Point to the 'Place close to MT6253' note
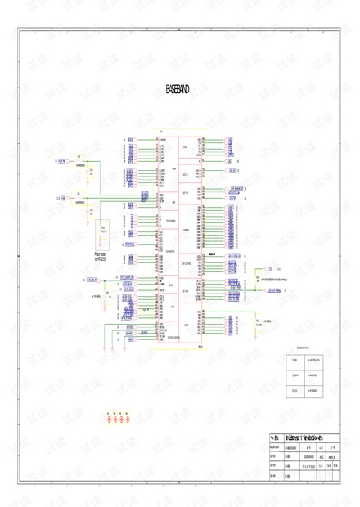pos(103,257)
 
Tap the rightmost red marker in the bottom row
pos(129,420)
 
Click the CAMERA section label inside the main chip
pos(187,230)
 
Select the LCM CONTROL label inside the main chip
pos(187,264)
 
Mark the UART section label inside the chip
pos(186,305)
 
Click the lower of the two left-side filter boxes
pos(79,197)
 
